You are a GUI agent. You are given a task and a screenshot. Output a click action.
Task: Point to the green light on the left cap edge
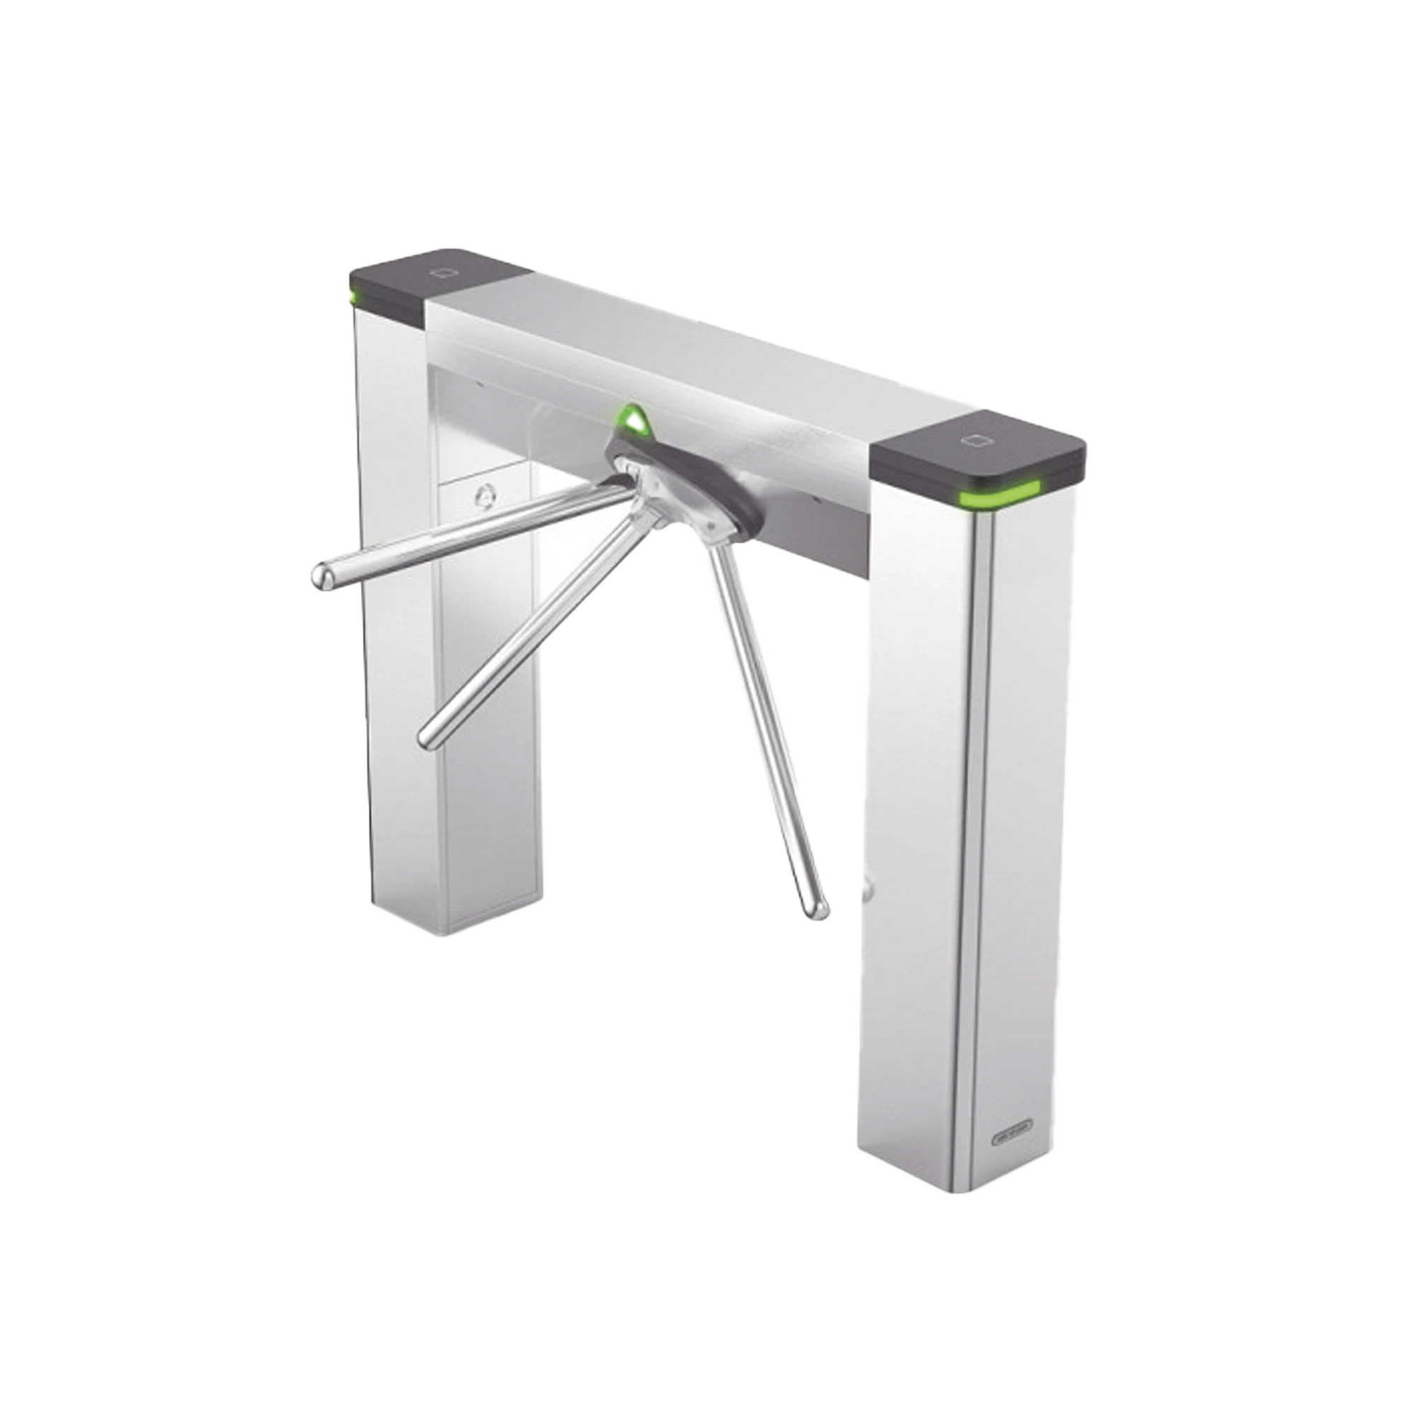point(355,296)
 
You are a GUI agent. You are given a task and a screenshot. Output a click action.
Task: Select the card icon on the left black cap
point(444,272)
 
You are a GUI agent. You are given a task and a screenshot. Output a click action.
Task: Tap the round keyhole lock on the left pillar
point(484,495)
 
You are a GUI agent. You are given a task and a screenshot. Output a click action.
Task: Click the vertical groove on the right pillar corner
point(975,842)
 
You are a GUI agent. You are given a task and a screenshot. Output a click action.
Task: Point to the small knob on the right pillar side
point(869,889)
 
